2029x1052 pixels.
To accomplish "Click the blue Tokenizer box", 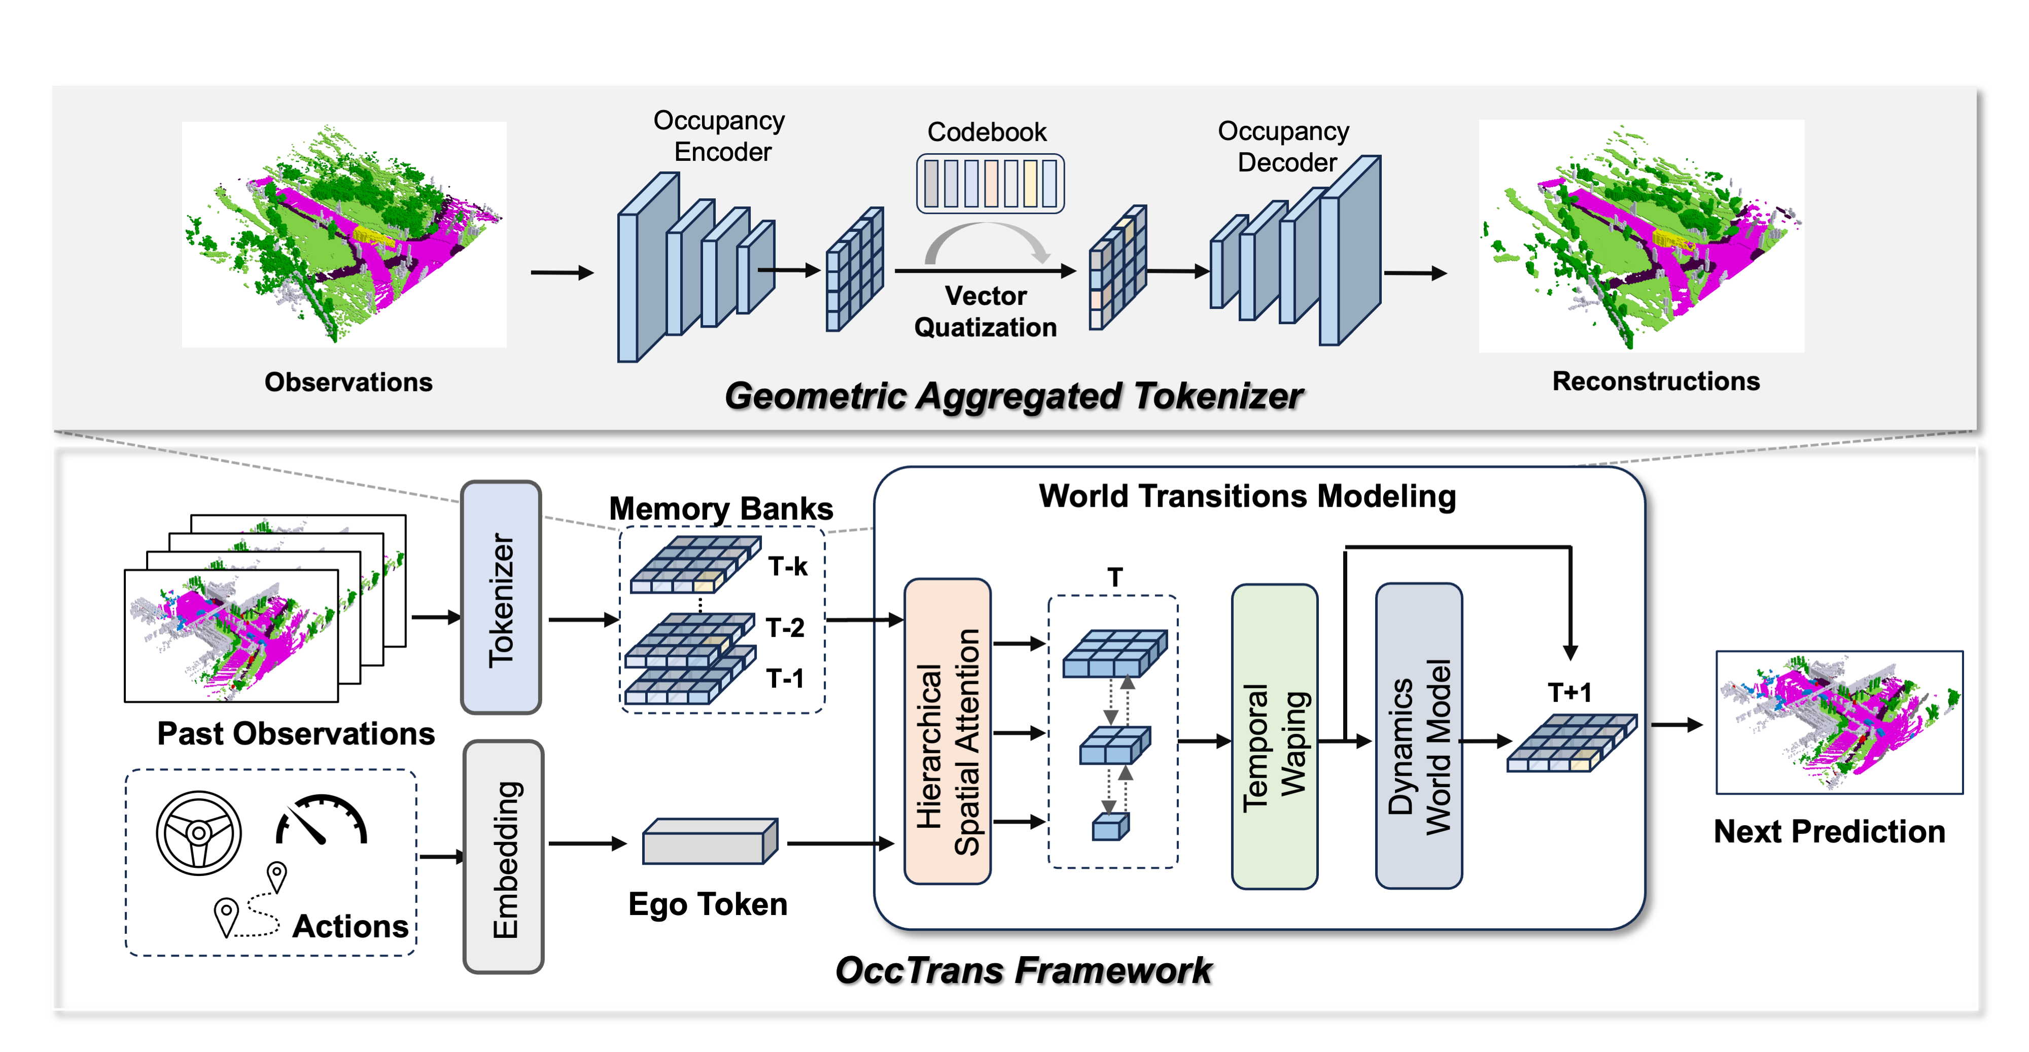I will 501,598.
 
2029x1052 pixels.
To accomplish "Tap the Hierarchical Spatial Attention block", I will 948,731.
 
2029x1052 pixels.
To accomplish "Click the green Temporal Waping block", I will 1274,736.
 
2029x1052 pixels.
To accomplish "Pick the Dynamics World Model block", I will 1419,736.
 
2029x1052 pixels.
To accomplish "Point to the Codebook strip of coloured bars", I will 990,184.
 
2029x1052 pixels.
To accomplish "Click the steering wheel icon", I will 198,833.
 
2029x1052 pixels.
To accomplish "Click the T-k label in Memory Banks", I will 788,566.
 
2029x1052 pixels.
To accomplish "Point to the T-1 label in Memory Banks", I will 785,678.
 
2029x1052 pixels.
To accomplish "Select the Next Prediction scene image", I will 1839,722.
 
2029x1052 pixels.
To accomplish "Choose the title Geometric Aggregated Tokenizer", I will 1013,396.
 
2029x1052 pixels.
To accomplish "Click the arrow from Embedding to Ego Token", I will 587,844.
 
